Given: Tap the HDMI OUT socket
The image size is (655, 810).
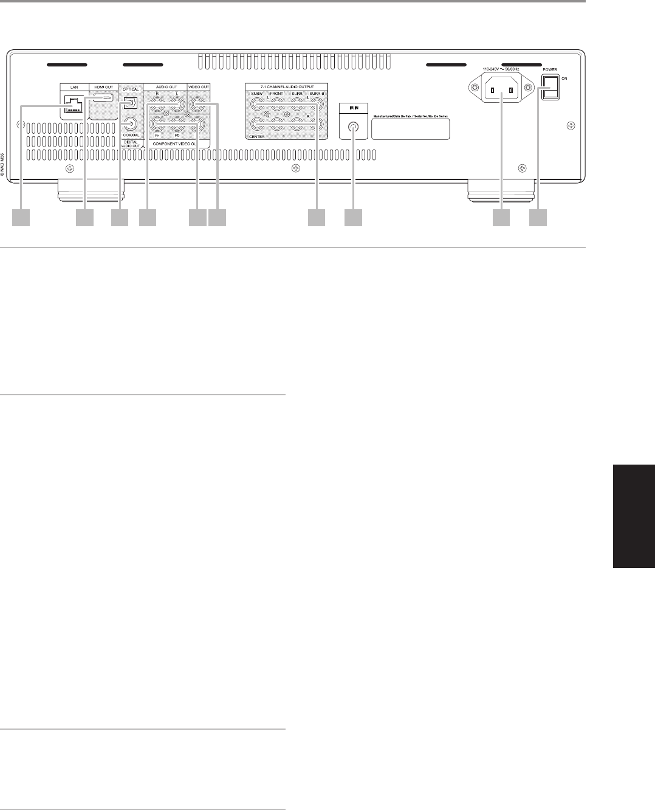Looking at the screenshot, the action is pos(103,99).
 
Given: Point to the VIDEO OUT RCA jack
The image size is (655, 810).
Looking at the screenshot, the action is pos(198,105).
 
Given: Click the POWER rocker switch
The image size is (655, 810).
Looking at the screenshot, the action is pos(550,86).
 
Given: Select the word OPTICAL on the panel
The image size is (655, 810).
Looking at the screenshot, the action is pos(131,89).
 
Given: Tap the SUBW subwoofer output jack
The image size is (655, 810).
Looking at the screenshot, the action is pos(257,106).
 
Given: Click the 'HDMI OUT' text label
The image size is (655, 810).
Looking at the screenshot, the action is pos(104,87).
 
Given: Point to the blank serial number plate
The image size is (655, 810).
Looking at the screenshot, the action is pos(410,128).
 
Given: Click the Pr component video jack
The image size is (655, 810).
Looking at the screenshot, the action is pos(158,126).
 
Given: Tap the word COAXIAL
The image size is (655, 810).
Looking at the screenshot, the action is pos(131,144).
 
